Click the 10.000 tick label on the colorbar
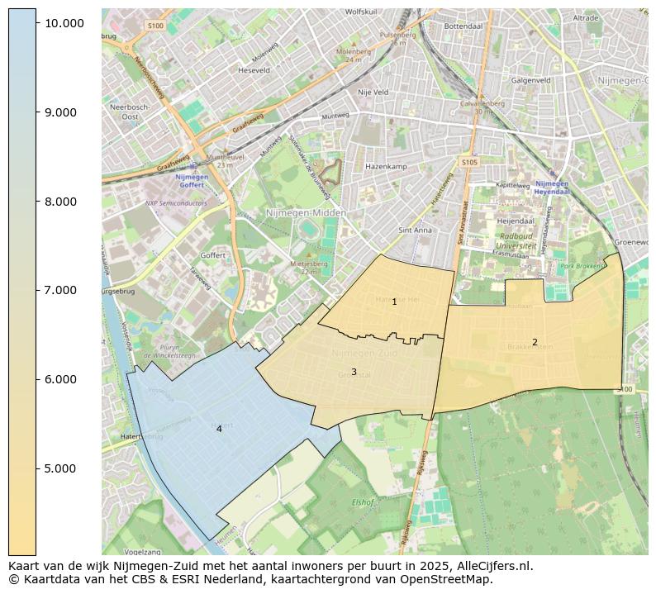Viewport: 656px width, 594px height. tap(64, 23)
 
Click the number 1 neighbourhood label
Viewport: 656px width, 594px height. tap(394, 302)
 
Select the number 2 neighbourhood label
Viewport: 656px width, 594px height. tap(535, 342)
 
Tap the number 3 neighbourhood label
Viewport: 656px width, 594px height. tap(354, 372)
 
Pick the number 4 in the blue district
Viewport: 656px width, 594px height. tap(219, 429)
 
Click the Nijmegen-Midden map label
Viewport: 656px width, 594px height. tap(306, 213)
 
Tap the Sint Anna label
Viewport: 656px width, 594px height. tap(415, 230)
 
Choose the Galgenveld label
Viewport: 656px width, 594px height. tap(531, 81)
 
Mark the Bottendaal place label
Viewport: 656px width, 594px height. tap(463, 26)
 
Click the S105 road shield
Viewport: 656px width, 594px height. tap(469, 163)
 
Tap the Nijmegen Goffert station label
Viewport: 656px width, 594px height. tap(192, 180)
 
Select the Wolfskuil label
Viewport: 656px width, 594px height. tap(361, 12)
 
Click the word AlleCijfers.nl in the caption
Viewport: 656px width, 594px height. tap(491, 567)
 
